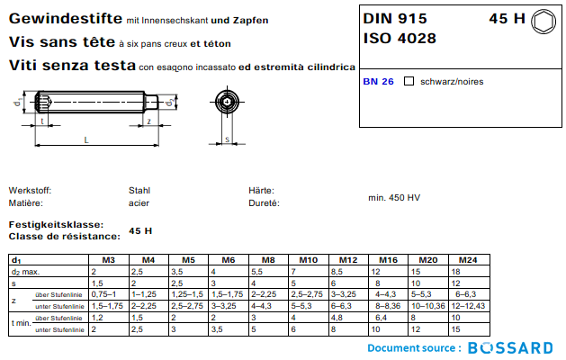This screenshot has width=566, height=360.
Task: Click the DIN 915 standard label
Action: pos(396,18)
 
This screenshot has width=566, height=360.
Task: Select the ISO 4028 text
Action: pos(400,38)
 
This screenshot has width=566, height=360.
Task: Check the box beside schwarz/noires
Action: pos(409,81)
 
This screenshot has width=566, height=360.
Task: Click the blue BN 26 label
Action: pos(378,81)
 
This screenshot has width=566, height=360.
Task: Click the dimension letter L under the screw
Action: pos(85,139)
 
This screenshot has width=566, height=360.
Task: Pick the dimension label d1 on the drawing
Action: pos(18,104)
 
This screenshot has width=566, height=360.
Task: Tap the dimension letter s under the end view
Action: pos(228,139)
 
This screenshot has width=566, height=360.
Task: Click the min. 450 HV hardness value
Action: pos(393,197)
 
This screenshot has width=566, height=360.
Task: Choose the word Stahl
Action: pos(139,191)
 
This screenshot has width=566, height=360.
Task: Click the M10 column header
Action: pos(309,260)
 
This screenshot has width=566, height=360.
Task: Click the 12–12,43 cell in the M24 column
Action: pos(468,306)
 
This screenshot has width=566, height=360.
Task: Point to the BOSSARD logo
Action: pos(510,347)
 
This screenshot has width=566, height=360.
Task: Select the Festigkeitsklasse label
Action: pos(55,224)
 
